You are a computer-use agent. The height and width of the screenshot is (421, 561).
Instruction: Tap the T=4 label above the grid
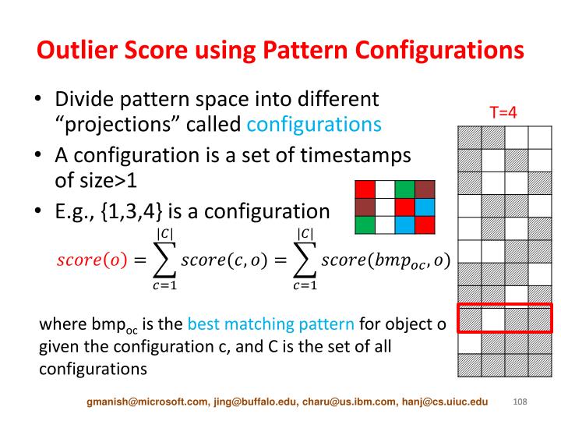coord(503,112)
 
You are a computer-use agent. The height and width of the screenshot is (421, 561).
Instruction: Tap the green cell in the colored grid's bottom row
coord(364,224)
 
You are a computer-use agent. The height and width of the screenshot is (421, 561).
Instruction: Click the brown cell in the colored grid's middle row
coord(364,207)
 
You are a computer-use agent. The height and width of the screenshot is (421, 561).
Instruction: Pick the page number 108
coord(520,402)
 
